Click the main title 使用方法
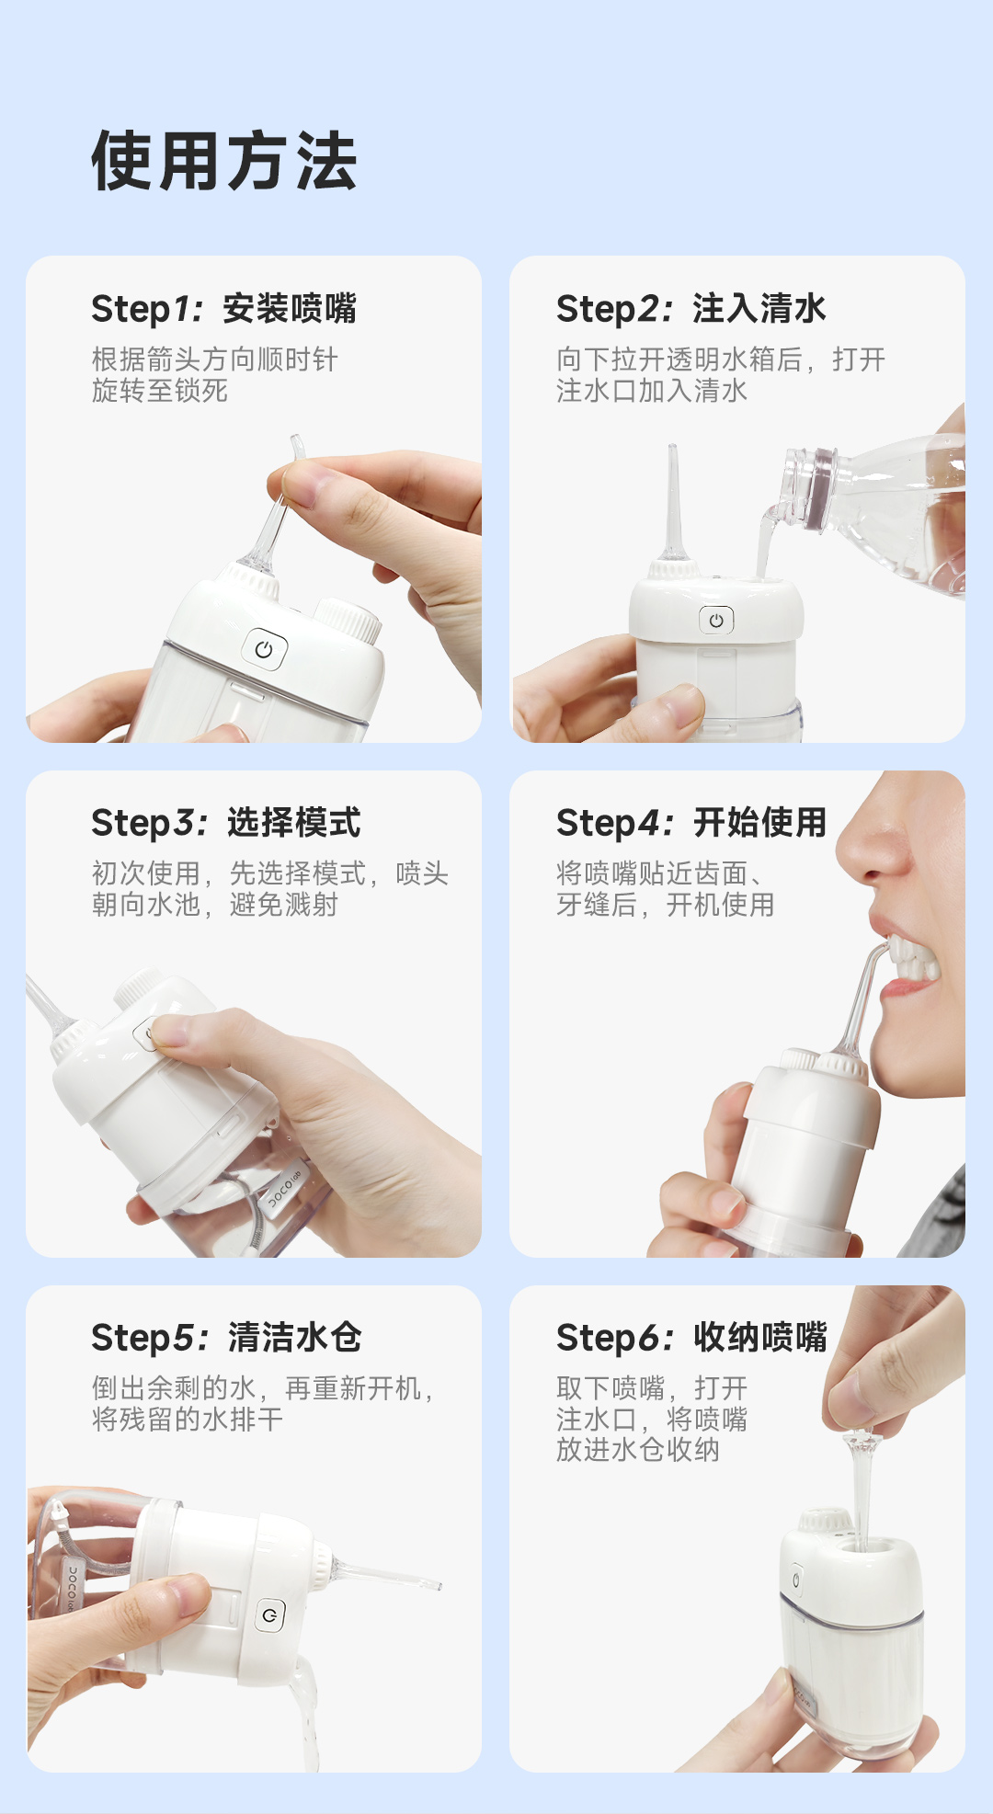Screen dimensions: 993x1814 [x=224, y=161]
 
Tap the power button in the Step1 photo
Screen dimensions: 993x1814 [x=264, y=650]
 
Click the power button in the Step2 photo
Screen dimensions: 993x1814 [x=716, y=621]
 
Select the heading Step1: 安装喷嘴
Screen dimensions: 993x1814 [x=224, y=309]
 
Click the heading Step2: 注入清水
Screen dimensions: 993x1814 [x=691, y=309]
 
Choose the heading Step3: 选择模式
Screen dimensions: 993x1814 [x=226, y=823]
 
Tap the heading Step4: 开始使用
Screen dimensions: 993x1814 [x=691, y=823]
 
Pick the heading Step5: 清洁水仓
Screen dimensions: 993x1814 [x=226, y=1338]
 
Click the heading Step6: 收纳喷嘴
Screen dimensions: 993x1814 [x=691, y=1338]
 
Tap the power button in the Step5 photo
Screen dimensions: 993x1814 [x=269, y=1614]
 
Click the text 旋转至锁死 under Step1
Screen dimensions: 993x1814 [x=160, y=391]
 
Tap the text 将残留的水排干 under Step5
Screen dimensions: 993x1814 [x=188, y=1419]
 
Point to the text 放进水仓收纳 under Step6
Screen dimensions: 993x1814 [x=638, y=1450]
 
